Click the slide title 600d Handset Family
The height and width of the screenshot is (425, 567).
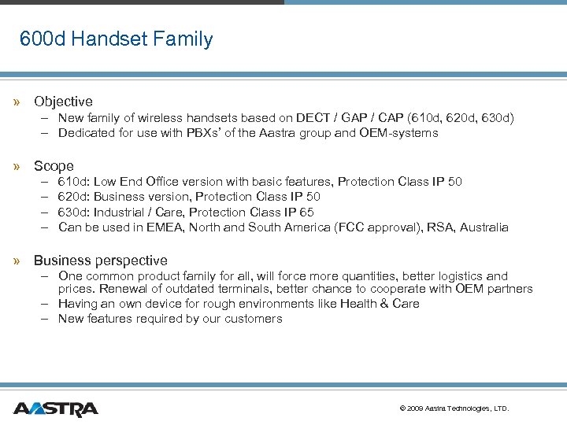tap(116, 39)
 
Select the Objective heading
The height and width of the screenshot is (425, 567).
tap(63, 102)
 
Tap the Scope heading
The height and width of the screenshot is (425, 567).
tap(54, 166)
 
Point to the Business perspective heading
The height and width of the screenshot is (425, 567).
tap(100, 261)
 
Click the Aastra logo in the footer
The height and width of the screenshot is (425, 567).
tap(56, 408)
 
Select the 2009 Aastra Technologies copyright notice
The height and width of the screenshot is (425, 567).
tap(454, 408)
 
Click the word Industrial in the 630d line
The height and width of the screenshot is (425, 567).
tap(123, 213)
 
